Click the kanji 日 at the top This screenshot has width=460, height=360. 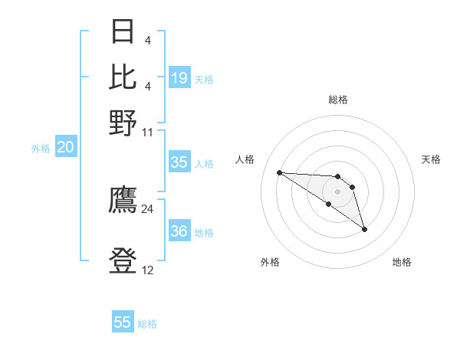[x=123, y=32]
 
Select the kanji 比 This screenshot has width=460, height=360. [x=123, y=77]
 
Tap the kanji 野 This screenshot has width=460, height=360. [x=123, y=122]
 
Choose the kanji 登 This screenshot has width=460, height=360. [x=123, y=260]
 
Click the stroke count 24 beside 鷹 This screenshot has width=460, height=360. [x=147, y=208]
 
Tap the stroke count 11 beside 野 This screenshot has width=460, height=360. [x=147, y=131]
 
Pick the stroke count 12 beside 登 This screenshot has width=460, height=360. [x=147, y=270]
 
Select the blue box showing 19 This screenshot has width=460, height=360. [x=179, y=78]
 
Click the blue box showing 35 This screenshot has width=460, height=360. [x=179, y=162]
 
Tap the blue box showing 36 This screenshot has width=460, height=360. [x=179, y=231]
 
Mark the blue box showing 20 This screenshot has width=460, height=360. [x=66, y=148]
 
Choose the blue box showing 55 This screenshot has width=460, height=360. [x=123, y=322]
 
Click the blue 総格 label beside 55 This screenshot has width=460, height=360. [x=147, y=324]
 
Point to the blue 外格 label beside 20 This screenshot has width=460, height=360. [x=41, y=149]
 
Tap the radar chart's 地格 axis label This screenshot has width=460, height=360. [x=402, y=262]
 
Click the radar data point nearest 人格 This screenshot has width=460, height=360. [x=279, y=172]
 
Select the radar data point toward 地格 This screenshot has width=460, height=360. [x=364, y=229]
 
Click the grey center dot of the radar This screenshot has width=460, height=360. [x=337, y=191]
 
